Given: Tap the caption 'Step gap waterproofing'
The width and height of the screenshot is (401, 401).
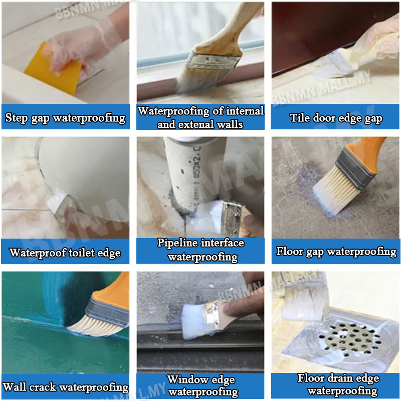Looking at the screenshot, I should (x=65, y=118).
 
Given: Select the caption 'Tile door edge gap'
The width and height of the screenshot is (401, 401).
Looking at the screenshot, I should (x=336, y=118).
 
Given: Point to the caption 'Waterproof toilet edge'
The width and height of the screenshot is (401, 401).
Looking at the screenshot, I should (x=65, y=252).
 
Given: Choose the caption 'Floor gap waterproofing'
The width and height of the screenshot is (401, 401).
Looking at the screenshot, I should (x=336, y=251).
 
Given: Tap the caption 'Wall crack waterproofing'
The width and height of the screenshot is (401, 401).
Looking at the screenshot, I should (x=65, y=387).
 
